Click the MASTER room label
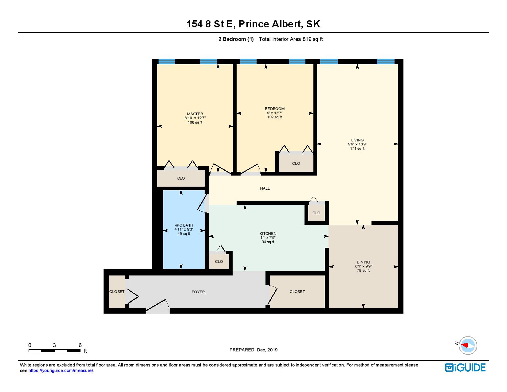pos(195,114)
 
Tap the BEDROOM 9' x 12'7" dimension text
pos(274,113)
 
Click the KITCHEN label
pos(268,233)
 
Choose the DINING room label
pos(363,262)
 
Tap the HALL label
pos(265,188)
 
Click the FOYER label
pos(198,292)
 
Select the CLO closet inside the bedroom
pos(296,163)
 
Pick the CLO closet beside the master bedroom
pos(181,178)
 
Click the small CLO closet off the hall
pos(316,213)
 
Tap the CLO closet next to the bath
pos(219,261)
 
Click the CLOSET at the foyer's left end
pos(117,291)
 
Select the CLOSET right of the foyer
pos(297,291)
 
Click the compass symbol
pos(468,345)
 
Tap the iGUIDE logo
pos(465,367)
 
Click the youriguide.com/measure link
pos(61,370)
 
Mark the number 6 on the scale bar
pos(80,345)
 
